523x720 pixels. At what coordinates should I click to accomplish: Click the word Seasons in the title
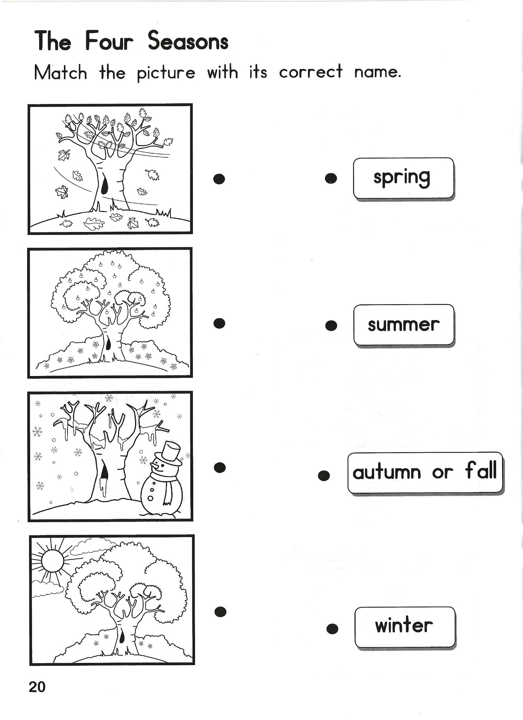pyautogui.click(x=188, y=41)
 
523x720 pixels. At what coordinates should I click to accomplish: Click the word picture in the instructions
pyautogui.click(x=166, y=73)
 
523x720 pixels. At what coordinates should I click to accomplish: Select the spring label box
pyautogui.click(x=404, y=178)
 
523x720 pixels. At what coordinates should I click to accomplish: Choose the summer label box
pyautogui.click(x=404, y=325)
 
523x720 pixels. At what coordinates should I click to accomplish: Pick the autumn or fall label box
pyautogui.click(x=425, y=473)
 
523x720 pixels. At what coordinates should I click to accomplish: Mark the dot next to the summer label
pyautogui.click(x=331, y=325)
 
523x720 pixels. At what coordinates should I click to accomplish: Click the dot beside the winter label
pyautogui.click(x=332, y=629)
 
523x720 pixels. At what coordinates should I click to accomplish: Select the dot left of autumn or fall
pyautogui.click(x=324, y=476)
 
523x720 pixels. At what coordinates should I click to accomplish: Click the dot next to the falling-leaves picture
pyautogui.click(x=219, y=178)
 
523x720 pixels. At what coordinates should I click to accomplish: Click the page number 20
pyautogui.click(x=37, y=687)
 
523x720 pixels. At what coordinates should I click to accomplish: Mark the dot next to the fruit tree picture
pyautogui.click(x=220, y=323)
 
